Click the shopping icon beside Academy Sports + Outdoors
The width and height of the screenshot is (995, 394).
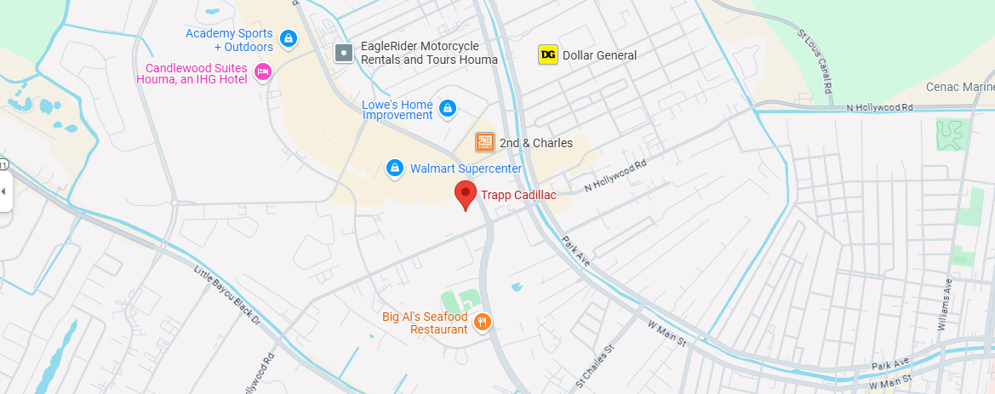(x=289, y=39)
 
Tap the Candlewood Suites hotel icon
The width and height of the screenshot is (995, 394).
(x=263, y=73)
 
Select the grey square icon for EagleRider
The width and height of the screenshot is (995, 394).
(x=343, y=53)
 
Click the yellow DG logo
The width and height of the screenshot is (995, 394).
(x=548, y=55)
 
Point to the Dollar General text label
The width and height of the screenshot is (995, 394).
(x=599, y=55)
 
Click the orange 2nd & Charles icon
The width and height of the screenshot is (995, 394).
(x=484, y=142)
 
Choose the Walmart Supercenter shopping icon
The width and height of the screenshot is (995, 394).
(x=395, y=168)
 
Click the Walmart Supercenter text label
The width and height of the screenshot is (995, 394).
(x=466, y=168)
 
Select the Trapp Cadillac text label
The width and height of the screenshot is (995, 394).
(x=518, y=196)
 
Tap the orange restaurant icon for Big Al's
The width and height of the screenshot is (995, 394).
(x=483, y=323)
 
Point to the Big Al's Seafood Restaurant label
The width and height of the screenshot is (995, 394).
(x=425, y=323)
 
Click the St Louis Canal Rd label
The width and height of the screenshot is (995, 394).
(x=815, y=60)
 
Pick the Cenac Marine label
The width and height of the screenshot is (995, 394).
(x=959, y=87)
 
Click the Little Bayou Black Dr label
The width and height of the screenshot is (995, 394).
(x=226, y=295)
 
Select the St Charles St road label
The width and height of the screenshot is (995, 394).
(x=594, y=367)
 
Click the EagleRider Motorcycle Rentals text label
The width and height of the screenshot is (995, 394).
(x=429, y=53)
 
